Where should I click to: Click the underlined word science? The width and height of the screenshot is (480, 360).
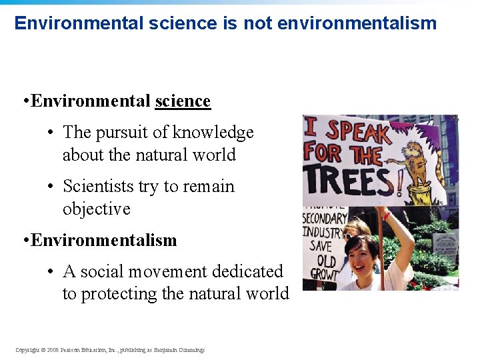pos(183,101)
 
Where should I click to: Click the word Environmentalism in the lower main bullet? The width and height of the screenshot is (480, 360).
pos(104,240)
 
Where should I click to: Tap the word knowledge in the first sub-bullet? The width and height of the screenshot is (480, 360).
pos(213,133)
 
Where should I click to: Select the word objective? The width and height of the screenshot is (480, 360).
pos(97,209)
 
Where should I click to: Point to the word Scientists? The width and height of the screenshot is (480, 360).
pos(100,186)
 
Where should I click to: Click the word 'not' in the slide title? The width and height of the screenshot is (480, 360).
pos(258,23)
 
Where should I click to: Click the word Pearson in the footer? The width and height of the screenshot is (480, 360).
pos(72,350)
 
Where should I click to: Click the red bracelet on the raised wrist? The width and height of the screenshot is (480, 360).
pos(386,215)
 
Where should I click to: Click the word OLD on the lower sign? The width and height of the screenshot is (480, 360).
pos(327,260)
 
